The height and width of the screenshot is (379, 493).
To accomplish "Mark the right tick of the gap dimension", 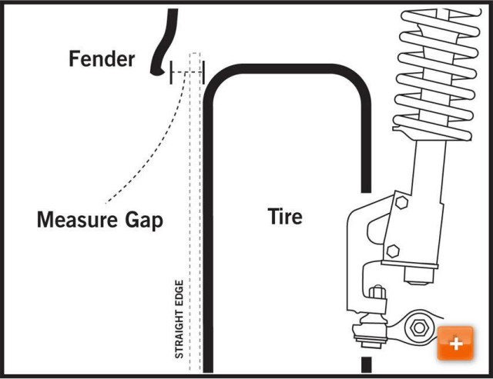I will click(203, 71).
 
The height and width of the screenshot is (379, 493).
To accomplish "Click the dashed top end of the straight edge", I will click(196, 55).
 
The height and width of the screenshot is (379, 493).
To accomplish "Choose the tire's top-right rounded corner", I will click(354, 77).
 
